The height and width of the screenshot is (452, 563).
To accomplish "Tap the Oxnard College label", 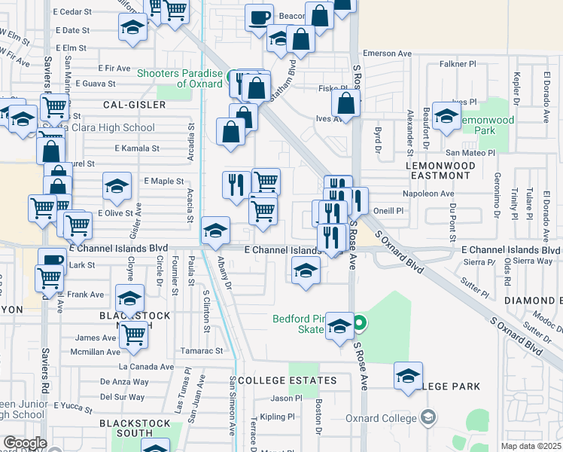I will pos(382,418).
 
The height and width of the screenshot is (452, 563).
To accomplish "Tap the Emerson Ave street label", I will pos(388,53).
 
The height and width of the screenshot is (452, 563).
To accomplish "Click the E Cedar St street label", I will pos(73,12).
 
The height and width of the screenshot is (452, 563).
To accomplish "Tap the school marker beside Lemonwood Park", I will pos(447,117).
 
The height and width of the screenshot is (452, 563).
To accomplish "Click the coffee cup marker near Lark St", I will pos(53,260).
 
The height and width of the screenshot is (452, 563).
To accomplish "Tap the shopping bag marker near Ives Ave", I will pos(345,102).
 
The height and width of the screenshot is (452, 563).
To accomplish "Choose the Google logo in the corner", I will pos(24,443).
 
